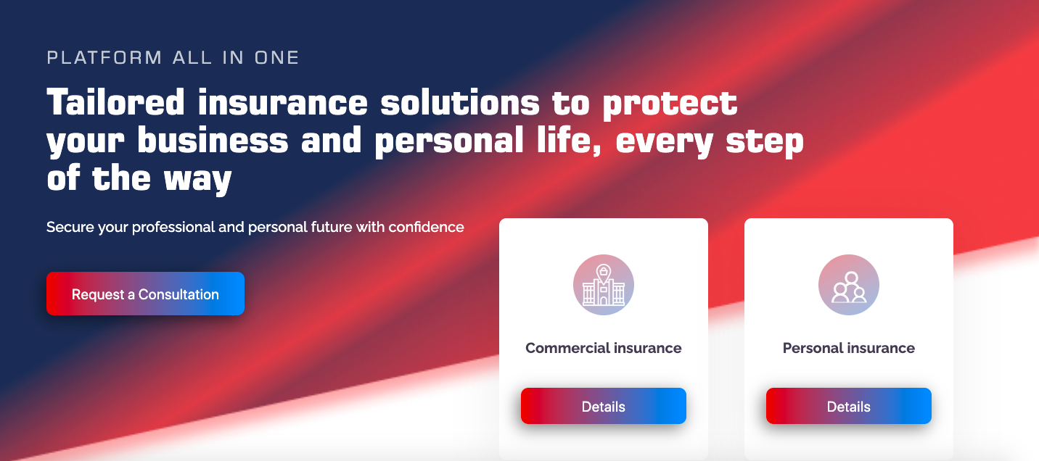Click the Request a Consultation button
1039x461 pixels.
click(145, 294)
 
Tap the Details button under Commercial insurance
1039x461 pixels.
click(603, 407)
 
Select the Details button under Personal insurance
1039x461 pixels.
click(848, 407)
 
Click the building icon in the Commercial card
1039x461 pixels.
click(603, 285)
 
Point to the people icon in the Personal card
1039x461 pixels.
click(848, 285)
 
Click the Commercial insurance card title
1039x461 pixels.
click(603, 348)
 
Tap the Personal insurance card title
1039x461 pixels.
click(848, 348)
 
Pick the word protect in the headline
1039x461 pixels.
click(670, 103)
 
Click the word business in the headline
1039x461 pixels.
click(213, 141)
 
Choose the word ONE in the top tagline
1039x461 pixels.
click(276, 58)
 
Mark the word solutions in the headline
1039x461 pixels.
click(460, 103)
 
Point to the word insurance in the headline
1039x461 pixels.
click(283, 103)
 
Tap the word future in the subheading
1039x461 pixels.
click(329, 227)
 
